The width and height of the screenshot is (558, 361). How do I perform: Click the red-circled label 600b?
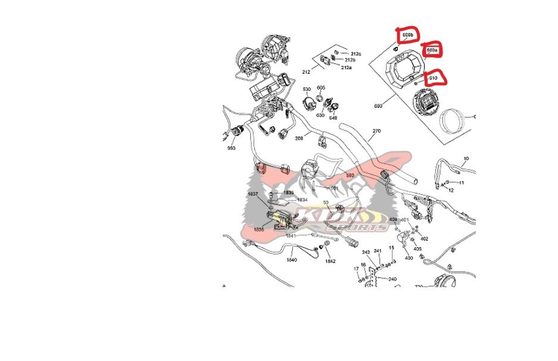(407, 36)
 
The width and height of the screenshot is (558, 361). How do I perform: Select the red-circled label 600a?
(432, 51)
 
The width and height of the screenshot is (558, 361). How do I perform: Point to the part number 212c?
(356, 54)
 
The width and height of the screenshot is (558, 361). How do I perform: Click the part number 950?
(231, 148)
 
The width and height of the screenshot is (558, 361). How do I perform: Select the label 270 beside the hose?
(376, 130)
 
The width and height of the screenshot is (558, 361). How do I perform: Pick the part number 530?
(307, 90)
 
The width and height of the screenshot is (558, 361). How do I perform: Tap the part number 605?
(321, 88)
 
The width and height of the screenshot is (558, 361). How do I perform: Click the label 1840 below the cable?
(292, 260)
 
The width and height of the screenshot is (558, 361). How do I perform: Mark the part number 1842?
(330, 262)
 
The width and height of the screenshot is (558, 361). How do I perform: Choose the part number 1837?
(252, 194)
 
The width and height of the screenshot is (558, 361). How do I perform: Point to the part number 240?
(392, 279)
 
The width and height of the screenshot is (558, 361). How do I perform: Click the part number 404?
(393, 220)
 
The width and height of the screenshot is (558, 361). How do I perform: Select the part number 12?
(451, 190)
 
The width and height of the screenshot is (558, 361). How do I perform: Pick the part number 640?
(333, 117)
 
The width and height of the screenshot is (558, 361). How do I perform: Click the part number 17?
(356, 269)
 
